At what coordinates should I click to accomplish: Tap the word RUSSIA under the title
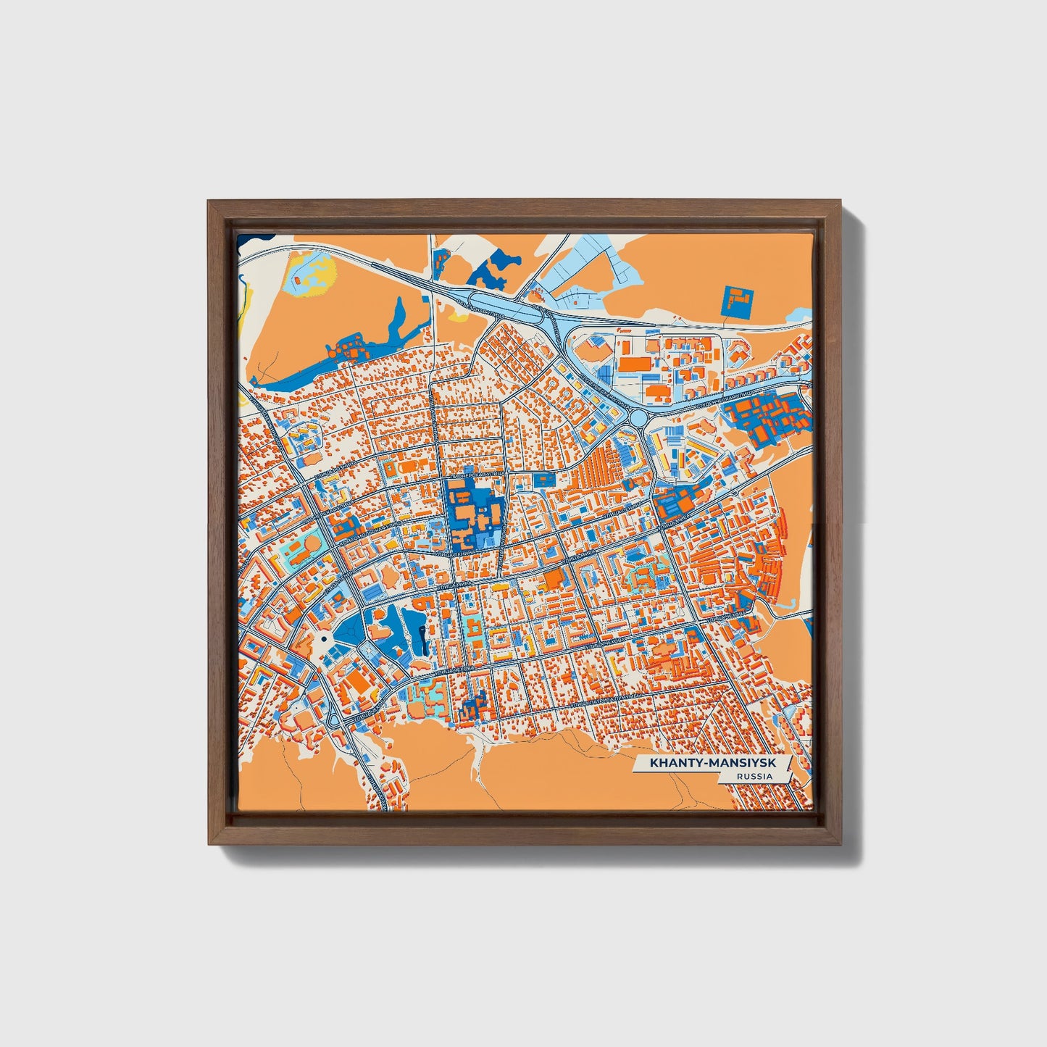point(753,776)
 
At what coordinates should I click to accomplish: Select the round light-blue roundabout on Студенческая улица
point(638,418)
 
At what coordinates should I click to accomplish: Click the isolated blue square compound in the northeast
point(738,301)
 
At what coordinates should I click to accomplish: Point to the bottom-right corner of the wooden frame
point(842,844)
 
